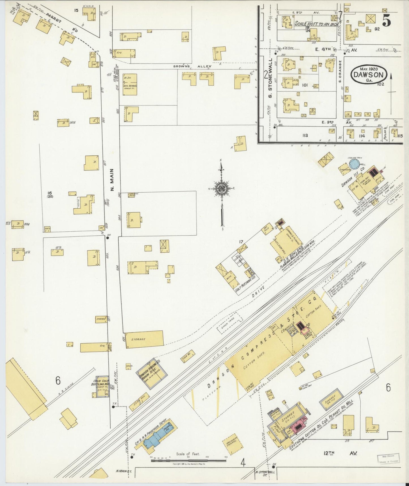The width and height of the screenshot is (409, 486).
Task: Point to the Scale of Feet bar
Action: coord(188,460)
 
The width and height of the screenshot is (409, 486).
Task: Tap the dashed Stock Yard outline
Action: coord(230,322)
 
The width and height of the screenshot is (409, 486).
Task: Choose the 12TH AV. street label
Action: coord(341,453)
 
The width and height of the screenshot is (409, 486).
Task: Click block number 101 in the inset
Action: coord(305,85)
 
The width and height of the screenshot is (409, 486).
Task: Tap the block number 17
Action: coord(241,242)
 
